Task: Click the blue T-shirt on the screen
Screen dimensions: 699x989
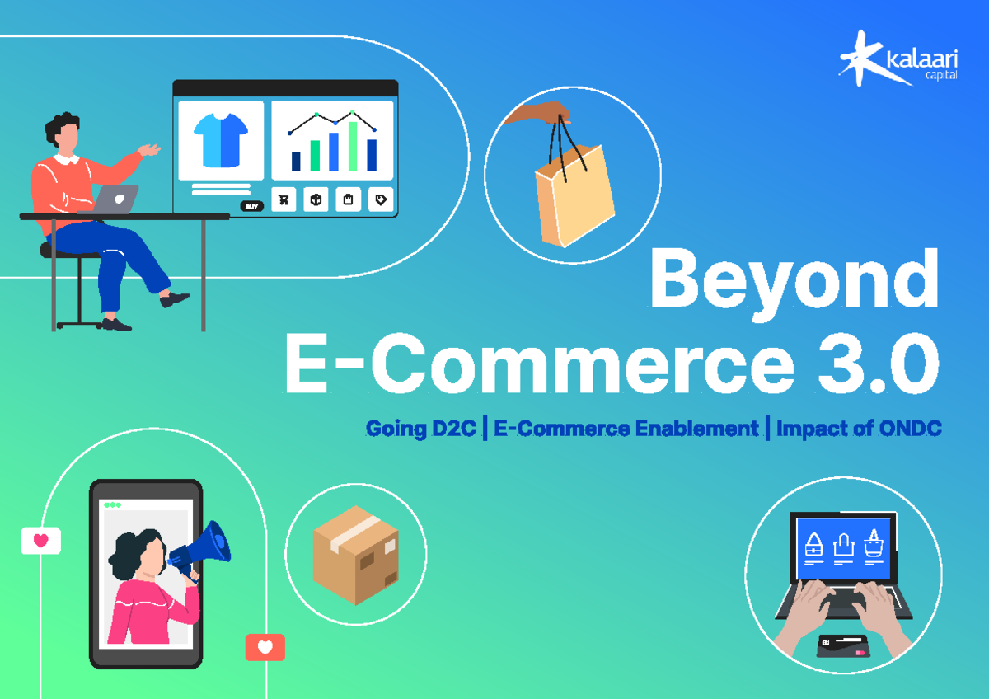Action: click(220, 139)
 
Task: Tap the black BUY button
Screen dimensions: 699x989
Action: click(251, 206)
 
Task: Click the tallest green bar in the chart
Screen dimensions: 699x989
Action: click(353, 146)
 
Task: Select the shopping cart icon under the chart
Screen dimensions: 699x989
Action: click(284, 199)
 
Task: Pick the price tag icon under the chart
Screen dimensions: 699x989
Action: click(380, 199)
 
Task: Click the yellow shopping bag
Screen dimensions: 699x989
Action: click(574, 196)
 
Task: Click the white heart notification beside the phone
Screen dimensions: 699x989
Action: click(40, 541)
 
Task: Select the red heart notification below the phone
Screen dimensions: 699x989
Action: click(265, 647)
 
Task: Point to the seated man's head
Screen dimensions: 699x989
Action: click(64, 132)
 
